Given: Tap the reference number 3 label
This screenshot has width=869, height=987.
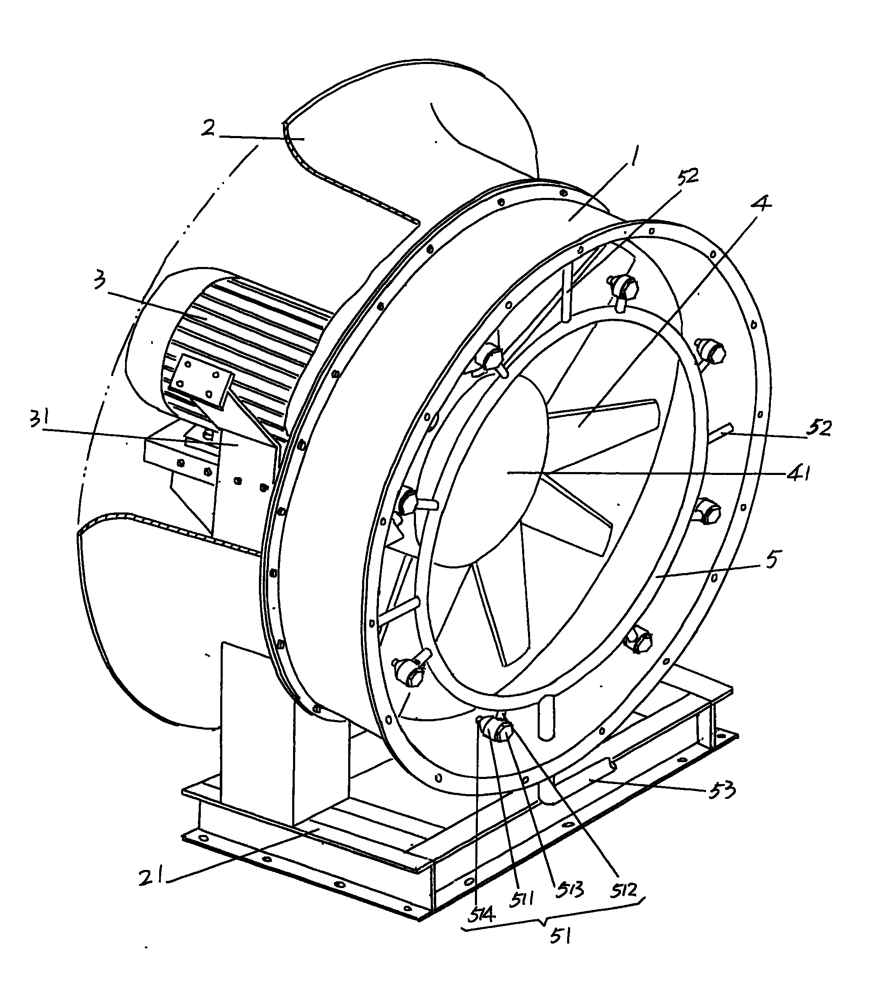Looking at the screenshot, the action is [100, 280].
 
